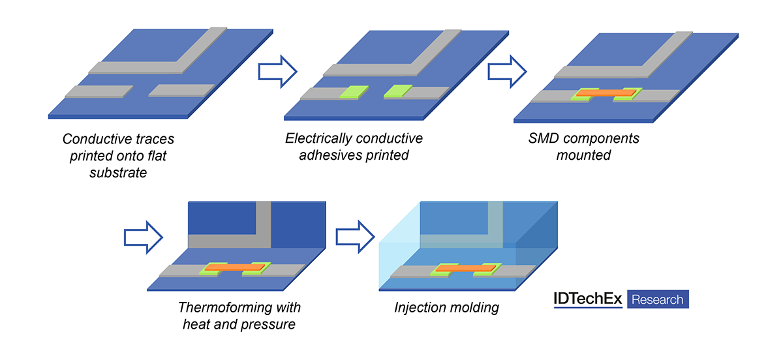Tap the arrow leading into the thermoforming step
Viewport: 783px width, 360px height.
click(x=143, y=236)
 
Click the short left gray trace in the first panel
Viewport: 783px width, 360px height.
click(x=95, y=91)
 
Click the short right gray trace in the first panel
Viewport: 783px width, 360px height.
click(x=182, y=91)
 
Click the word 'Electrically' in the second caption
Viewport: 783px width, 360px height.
click(x=318, y=139)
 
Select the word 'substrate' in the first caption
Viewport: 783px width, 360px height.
click(x=118, y=173)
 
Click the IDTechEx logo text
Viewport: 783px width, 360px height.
click(x=588, y=299)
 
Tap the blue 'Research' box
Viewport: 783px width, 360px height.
click(x=658, y=299)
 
